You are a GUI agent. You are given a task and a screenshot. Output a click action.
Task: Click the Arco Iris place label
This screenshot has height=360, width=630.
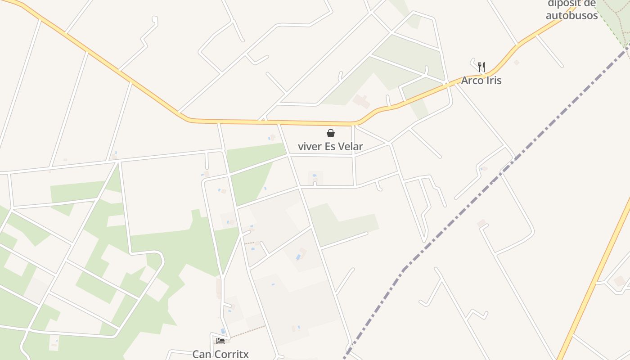481,81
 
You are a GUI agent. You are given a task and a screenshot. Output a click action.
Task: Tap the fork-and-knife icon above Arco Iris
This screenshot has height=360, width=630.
481,67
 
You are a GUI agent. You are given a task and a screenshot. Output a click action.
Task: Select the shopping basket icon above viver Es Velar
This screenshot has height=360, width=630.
331,133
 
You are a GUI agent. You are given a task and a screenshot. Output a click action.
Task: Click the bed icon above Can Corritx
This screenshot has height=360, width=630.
220,341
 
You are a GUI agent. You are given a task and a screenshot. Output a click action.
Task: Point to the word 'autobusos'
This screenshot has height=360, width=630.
571,15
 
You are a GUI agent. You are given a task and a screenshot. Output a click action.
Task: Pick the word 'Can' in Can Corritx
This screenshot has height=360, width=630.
202,354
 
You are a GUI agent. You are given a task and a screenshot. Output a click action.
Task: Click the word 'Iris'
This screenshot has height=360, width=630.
493,81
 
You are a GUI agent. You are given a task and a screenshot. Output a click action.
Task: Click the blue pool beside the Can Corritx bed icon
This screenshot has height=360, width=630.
223,331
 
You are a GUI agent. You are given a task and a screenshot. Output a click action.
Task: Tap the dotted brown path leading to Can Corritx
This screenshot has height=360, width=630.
247,331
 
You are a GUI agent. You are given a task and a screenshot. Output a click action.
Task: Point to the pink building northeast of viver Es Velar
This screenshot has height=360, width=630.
361,101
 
